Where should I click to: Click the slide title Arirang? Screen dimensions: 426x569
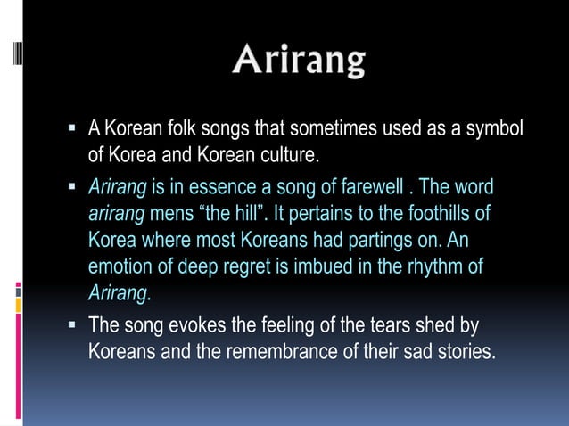299,61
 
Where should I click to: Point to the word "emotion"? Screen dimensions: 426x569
120,266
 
